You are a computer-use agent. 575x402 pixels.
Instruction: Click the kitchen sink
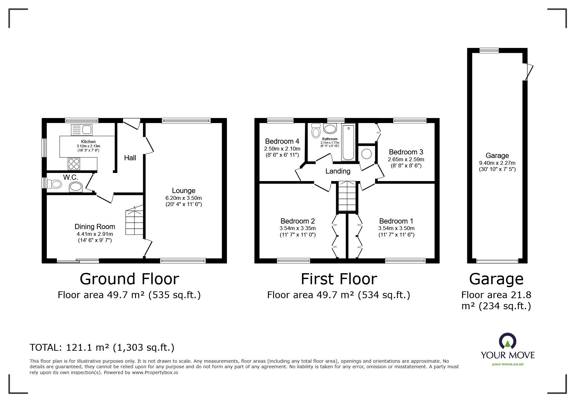81,130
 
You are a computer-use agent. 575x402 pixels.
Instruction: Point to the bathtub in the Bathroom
348,142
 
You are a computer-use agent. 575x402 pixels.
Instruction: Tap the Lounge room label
184,191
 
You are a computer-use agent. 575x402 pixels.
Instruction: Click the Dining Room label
95,226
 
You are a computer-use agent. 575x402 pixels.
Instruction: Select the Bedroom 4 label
282,141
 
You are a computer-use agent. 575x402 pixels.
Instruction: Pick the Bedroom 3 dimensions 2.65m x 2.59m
406,159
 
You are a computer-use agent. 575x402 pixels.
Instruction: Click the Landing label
338,171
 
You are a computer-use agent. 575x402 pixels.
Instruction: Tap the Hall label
130,158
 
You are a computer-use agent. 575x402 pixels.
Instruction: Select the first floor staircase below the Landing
348,197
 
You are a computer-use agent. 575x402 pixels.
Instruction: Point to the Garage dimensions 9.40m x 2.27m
497,163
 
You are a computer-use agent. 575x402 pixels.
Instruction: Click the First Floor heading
339,279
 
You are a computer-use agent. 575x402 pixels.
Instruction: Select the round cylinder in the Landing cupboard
367,154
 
